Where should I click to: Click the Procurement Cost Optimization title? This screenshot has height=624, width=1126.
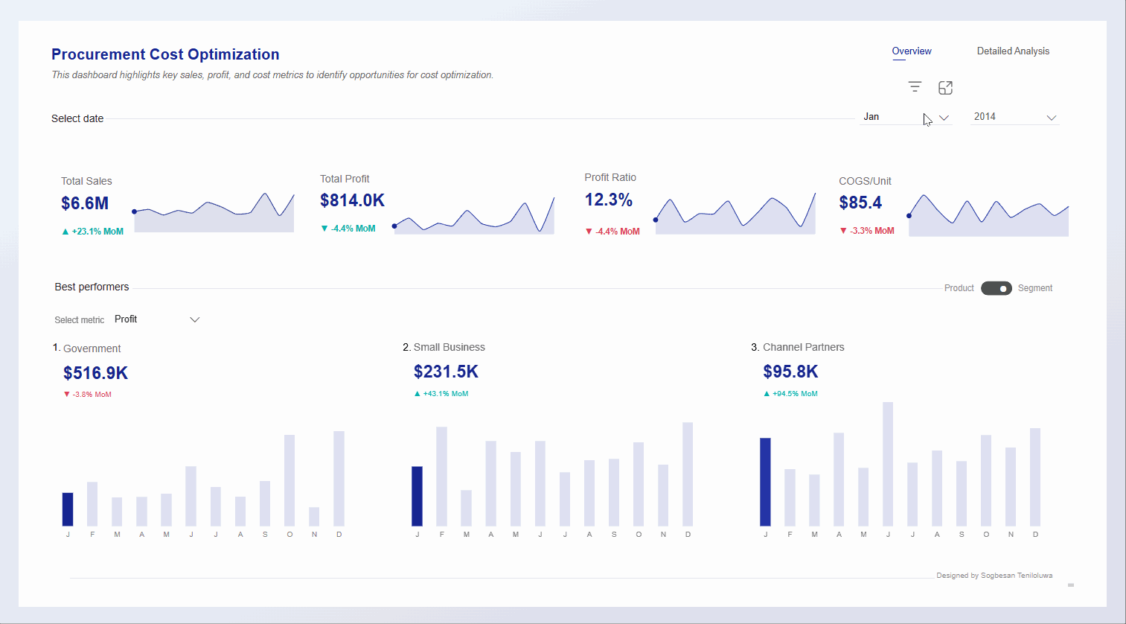[x=165, y=54]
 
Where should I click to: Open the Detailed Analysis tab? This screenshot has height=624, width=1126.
[x=1013, y=51]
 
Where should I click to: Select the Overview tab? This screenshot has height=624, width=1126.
[x=912, y=51]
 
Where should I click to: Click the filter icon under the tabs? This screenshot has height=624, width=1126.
[x=915, y=87]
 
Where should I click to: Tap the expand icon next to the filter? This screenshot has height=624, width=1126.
[x=945, y=88]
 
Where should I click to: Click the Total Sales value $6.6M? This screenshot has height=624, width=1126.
[x=85, y=203]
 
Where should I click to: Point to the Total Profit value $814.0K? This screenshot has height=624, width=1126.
[x=352, y=200]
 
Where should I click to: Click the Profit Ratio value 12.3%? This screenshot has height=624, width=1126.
[x=608, y=200]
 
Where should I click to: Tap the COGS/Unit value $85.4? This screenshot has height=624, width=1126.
[x=860, y=203]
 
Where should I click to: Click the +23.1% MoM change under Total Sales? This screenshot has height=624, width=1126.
[x=93, y=232]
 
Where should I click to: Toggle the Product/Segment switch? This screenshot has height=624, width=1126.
[x=996, y=288]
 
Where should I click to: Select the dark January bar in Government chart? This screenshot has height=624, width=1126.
[x=68, y=509]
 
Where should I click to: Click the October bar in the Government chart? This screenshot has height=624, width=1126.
[x=290, y=480]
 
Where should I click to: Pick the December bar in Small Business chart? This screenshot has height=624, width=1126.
[x=688, y=474]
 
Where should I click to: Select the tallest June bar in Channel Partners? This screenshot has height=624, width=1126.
[x=888, y=464]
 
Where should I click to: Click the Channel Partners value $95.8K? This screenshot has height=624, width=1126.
[x=790, y=372]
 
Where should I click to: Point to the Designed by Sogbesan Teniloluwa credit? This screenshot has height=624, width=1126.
[x=994, y=576]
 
